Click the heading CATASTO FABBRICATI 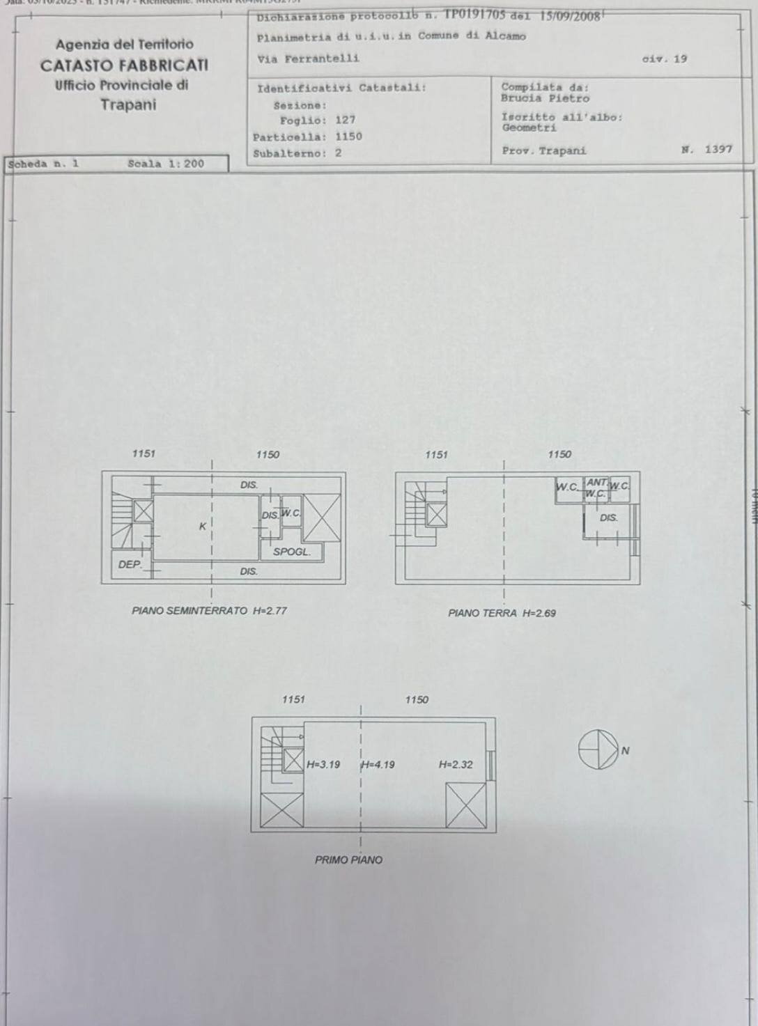tap(124, 65)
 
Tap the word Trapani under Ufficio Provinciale tap(128, 105)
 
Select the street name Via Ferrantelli tap(309, 59)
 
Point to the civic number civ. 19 tap(664, 59)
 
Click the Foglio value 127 tap(345, 120)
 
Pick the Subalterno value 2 tap(339, 153)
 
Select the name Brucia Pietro tap(545, 98)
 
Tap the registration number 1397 tap(718, 149)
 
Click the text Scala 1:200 tap(166, 164)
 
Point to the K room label tap(203, 527)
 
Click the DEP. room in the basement tap(130, 565)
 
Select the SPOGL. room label tap(291, 552)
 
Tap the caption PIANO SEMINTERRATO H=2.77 tap(209, 611)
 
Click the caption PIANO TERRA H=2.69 tap(502, 614)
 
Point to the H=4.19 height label tap(378, 765)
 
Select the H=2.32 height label tap(456, 765)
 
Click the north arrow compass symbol tap(598, 750)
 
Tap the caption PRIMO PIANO tap(348, 860)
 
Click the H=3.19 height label tap(323, 765)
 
